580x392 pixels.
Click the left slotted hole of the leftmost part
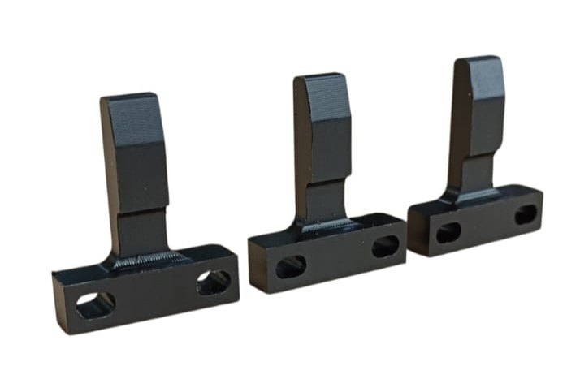95,304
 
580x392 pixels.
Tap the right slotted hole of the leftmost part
214,282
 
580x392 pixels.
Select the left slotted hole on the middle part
291,266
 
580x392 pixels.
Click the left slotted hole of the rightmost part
448,233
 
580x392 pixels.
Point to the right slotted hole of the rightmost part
526,215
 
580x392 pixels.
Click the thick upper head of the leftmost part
135,150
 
